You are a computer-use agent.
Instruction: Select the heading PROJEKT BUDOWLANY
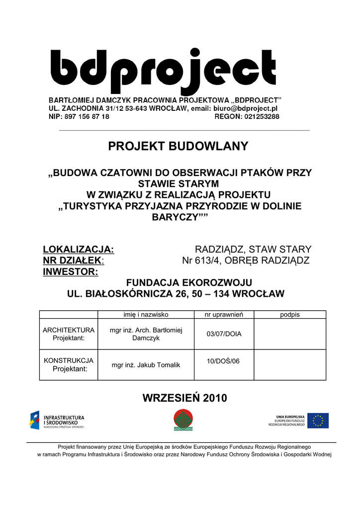coord(178,146)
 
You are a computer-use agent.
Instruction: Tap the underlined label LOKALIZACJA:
coord(79,249)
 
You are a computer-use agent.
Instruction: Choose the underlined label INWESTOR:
coord(70,272)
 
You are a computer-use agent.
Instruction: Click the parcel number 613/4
coord(207,260)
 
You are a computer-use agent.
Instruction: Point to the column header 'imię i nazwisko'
coord(146,315)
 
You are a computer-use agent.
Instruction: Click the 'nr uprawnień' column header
coord(224,315)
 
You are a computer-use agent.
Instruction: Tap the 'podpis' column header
coord(290,315)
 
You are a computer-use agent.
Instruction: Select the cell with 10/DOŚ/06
coord(223,361)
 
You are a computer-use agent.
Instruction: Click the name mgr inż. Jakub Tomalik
coord(146,365)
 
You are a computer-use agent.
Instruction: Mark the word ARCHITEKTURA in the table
coord(69,330)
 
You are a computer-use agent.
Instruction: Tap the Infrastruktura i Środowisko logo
coord(57,421)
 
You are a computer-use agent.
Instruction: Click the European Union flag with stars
coord(318,421)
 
